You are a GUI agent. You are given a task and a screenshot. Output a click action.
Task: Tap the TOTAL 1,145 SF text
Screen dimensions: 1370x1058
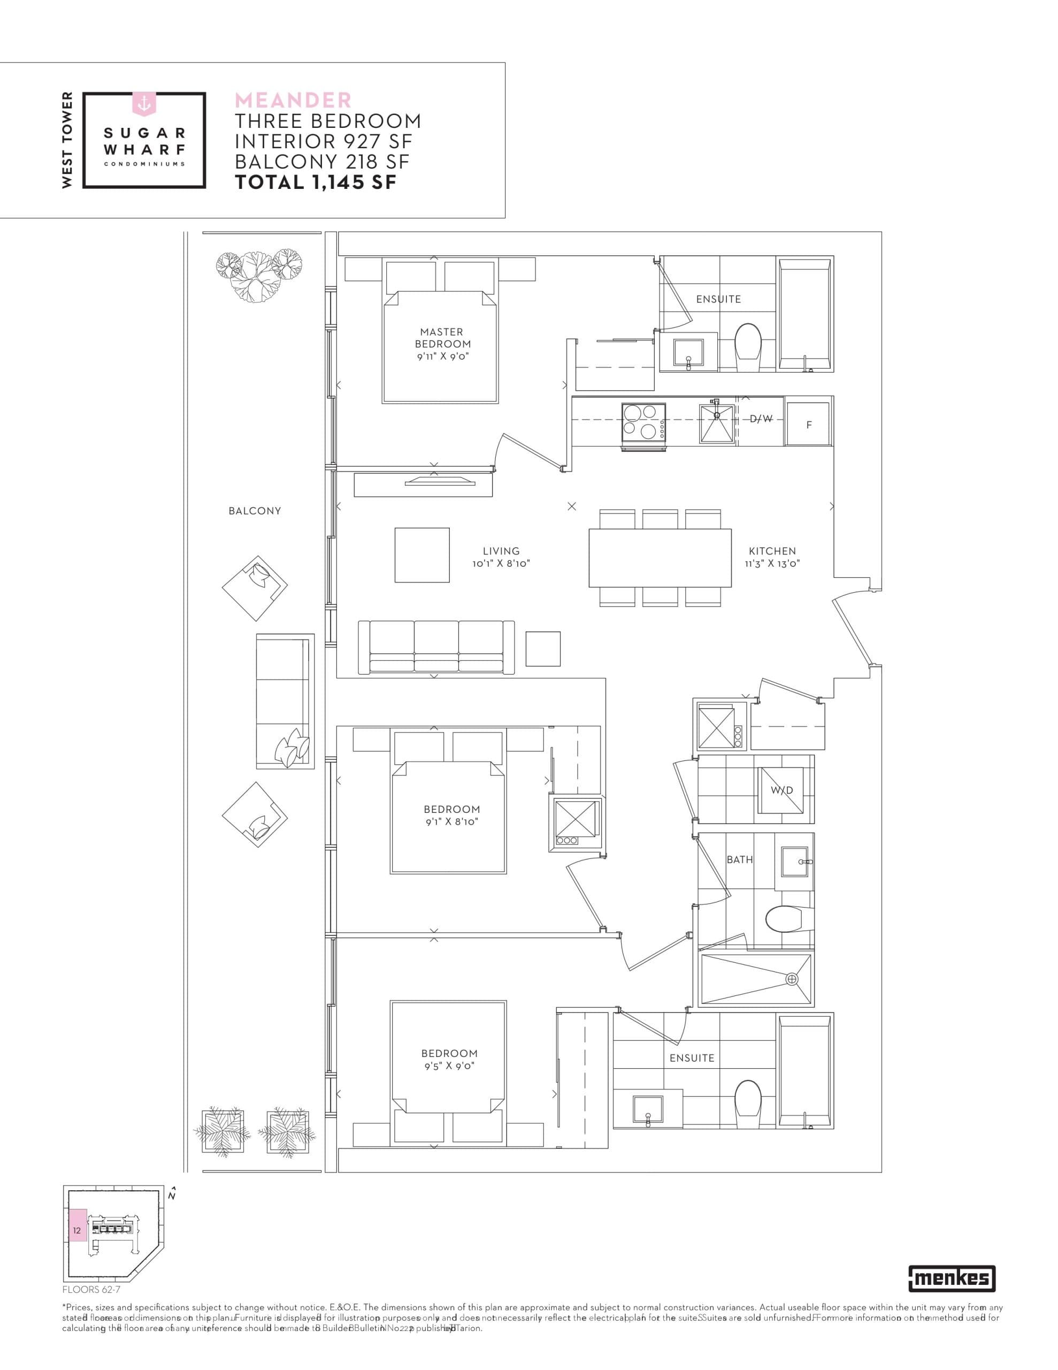316,182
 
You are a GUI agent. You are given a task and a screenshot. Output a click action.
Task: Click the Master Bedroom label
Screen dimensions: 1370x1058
442,338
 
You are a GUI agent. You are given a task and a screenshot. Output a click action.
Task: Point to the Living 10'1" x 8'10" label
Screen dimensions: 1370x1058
501,557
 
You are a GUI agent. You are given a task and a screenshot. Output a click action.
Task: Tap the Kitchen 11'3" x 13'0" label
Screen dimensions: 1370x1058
772,557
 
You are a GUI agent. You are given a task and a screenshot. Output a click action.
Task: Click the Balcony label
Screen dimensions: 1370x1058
255,511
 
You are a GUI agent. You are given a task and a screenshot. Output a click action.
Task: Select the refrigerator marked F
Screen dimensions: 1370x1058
808,425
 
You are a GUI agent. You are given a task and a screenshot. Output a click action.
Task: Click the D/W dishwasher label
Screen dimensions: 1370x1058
761,419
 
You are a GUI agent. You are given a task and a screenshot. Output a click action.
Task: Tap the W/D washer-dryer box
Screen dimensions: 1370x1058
781,790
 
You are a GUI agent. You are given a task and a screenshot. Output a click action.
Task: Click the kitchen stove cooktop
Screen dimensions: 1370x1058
643,422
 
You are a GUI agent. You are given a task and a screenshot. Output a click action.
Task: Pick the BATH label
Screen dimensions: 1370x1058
739,860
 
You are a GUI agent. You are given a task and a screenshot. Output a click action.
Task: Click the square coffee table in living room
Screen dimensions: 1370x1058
421,555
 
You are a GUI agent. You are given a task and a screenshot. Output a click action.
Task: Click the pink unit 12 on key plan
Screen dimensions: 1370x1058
77,1231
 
